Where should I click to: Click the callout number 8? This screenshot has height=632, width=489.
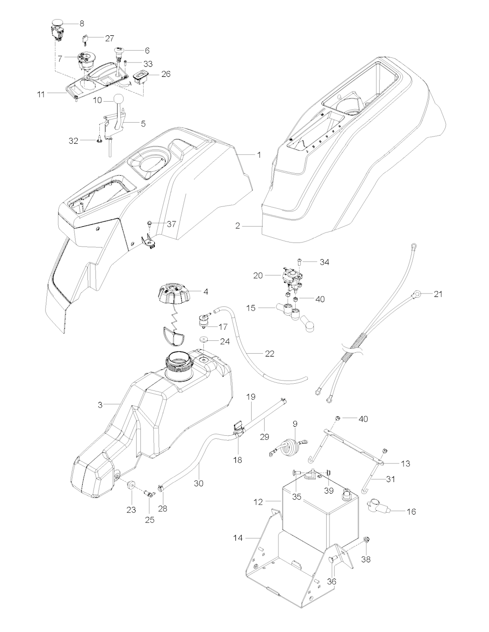(81, 23)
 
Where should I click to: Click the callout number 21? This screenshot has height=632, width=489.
(438, 294)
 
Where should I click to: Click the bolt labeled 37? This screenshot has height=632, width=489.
(150, 224)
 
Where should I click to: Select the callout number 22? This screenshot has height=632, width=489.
(270, 353)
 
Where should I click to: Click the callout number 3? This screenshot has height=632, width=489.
(100, 405)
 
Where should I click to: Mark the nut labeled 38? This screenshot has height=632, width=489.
(366, 540)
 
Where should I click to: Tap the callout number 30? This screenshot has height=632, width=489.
(198, 483)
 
